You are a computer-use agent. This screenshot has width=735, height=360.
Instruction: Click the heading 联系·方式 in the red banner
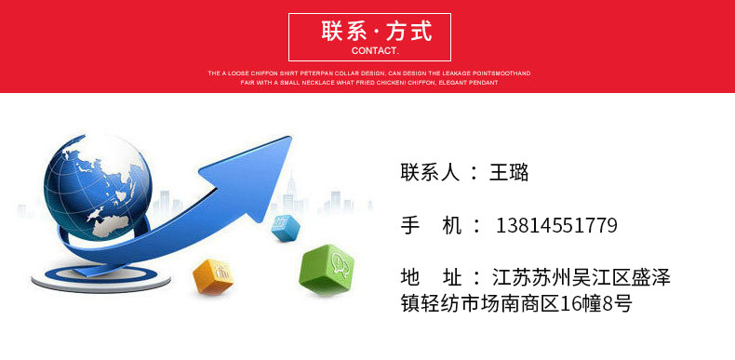376,31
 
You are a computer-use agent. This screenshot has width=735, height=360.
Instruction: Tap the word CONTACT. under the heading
376,50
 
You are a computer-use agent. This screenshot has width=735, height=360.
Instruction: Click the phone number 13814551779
556,225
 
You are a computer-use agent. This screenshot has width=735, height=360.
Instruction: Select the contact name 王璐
509,172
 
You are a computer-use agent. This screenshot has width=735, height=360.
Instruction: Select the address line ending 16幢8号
516,303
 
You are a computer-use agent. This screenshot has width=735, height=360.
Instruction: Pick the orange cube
211,275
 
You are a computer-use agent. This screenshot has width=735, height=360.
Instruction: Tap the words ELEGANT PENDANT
469,83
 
